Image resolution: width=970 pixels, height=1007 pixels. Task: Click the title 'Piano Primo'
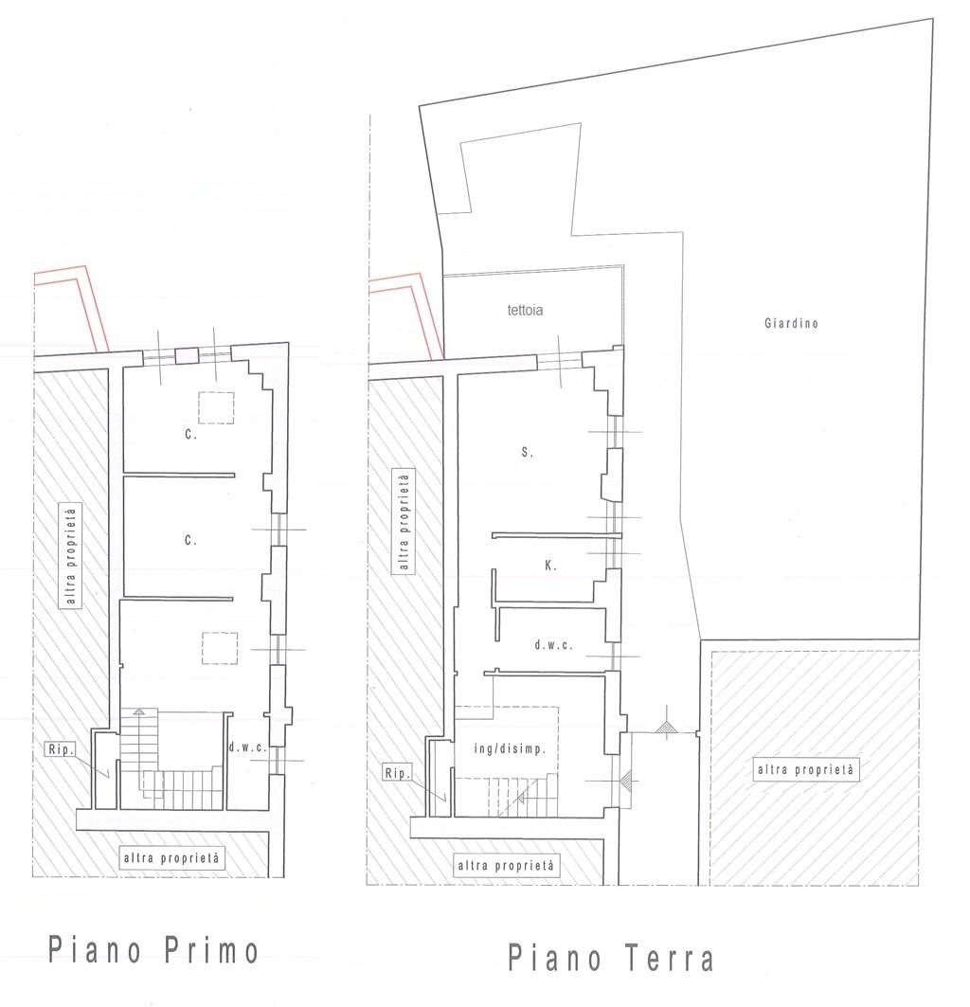click(153, 950)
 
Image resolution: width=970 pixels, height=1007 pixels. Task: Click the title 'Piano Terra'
click(611, 958)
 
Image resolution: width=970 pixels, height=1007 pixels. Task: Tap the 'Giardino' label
click(791, 323)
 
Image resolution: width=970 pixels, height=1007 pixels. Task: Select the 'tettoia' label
click(525, 310)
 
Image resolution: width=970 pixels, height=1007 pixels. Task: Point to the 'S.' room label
click(528, 452)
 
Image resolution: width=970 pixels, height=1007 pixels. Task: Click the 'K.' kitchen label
click(550, 566)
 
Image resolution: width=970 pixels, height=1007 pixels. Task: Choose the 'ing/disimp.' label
click(510, 748)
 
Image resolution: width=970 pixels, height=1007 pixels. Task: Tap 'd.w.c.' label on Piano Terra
click(553, 645)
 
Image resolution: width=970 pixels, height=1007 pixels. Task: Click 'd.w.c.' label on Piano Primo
click(247, 746)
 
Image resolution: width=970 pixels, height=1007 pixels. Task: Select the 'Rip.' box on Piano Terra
click(397, 773)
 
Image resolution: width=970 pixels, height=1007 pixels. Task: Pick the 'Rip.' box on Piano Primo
click(61, 748)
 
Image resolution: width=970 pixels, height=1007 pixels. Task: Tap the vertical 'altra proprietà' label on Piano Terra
click(404, 522)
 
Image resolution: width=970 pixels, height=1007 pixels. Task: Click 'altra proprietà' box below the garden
click(805, 769)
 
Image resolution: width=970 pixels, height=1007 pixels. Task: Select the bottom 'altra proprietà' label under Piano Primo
click(171, 858)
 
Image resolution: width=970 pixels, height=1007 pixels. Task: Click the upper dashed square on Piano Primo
click(216, 407)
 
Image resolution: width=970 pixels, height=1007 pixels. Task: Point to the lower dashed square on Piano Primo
click(220, 648)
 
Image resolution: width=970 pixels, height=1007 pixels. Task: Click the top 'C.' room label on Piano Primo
click(190, 434)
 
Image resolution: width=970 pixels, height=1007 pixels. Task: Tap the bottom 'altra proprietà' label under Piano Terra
click(506, 866)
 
